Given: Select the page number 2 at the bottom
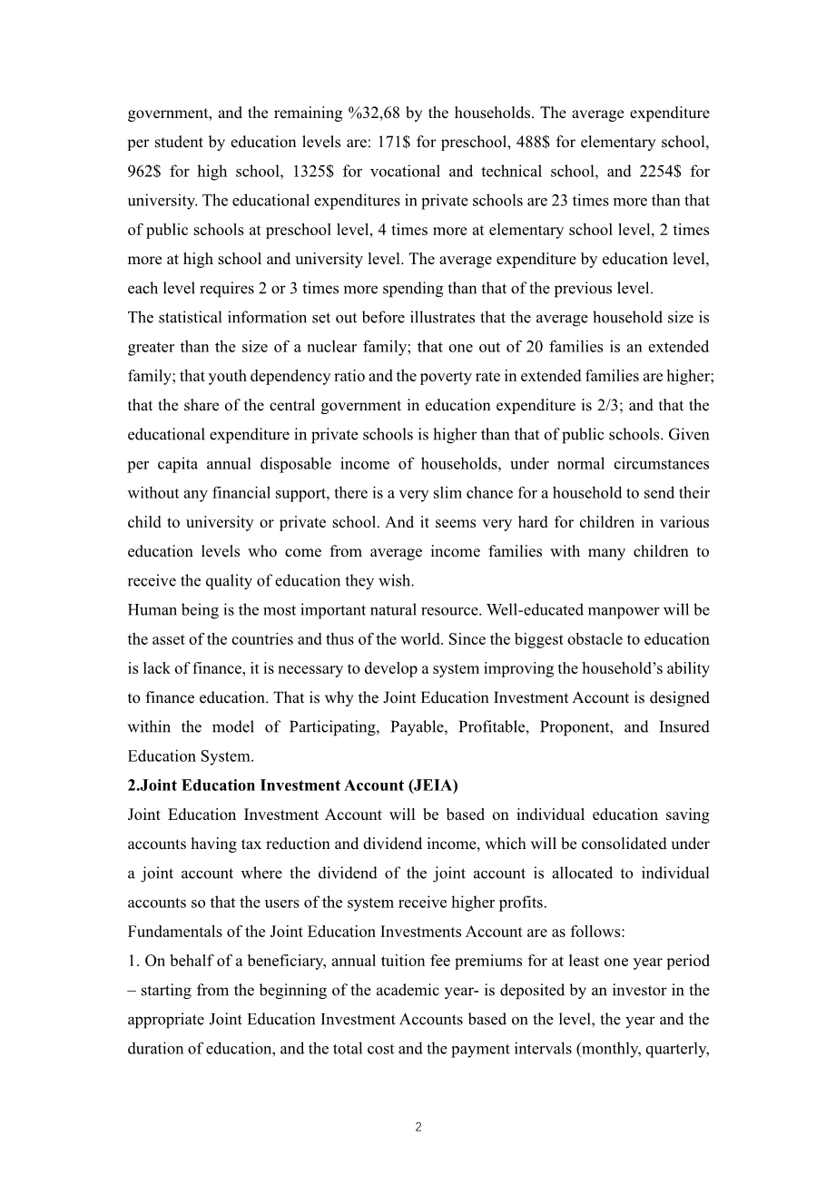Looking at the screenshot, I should pos(418,1127).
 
